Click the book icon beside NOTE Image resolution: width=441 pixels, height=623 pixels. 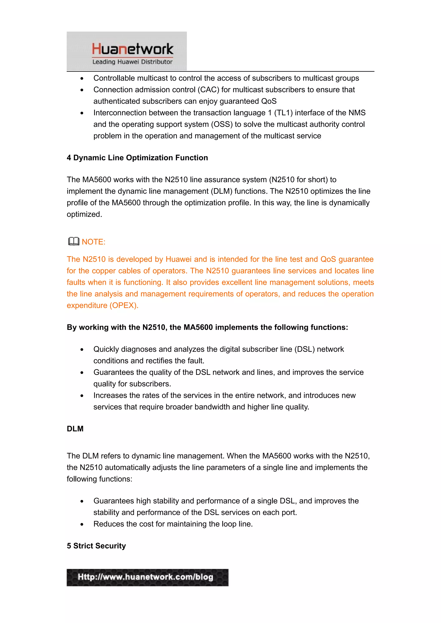click(x=74, y=241)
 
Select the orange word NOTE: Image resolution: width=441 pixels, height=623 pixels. click(x=93, y=242)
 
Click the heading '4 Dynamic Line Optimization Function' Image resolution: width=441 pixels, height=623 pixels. click(x=137, y=158)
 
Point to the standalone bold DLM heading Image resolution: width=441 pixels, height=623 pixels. click(x=75, y=429)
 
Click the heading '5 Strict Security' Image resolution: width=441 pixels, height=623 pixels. click(x=96, y=546)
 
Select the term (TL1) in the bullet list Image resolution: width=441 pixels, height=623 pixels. click(x=283, y=113)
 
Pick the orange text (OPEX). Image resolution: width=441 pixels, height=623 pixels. click(x=124, y=305)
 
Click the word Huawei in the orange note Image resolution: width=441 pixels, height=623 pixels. click(x=179, y=259)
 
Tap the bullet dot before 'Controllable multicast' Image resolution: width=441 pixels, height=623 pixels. click(x=82, y=78)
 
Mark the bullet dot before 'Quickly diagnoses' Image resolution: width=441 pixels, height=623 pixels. click(x=82, y=350)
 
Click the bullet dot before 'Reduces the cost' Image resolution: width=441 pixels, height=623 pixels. click(x=82, y=524)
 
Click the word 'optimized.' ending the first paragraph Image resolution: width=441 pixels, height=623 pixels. click(x=84, y=214)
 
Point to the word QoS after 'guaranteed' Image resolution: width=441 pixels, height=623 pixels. click(x=269, y=101)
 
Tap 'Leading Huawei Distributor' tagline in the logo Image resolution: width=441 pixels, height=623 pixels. click(x=132, y=62)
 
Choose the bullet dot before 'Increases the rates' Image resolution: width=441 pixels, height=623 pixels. click(x=82, y=396)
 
